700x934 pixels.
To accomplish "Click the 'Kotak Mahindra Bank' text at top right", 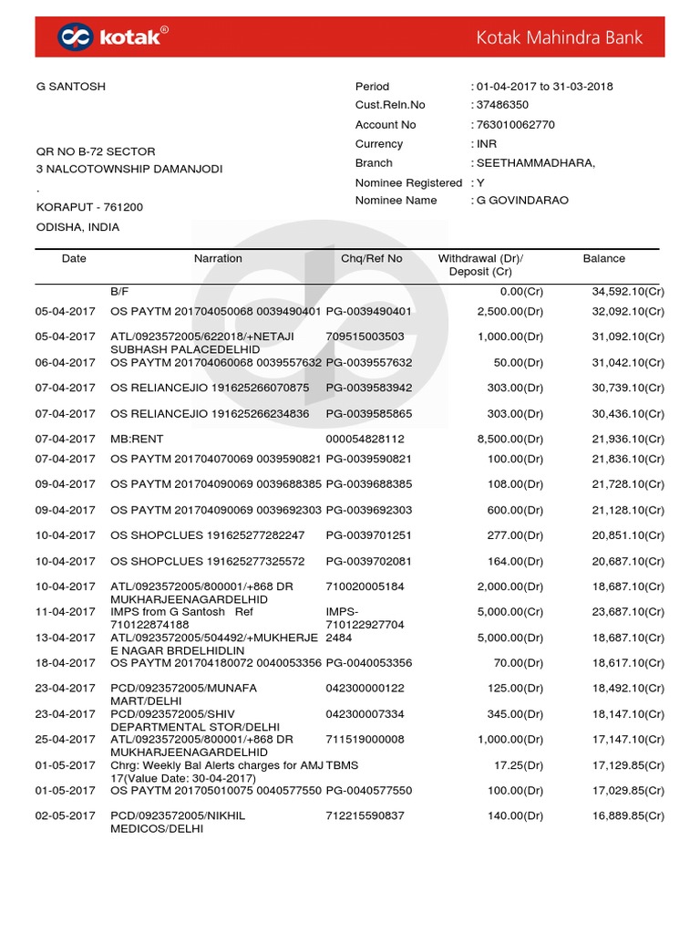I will click(x=559, y=37).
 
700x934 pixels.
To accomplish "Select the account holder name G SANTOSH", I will click(x=70, y=87).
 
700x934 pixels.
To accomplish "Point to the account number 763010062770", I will click(x=512, y=125).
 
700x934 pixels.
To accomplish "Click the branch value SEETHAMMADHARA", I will click(x=535, y=163).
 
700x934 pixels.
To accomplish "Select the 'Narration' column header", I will click(x=218, y=259).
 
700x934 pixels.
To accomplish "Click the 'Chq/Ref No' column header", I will click(x=371, y=259).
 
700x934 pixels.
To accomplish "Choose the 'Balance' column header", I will click(x=603, y=259).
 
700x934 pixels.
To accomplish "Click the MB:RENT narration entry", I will click(x=137, y=440).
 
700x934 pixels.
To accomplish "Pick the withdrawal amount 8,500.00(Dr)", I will click(x=510, y=440).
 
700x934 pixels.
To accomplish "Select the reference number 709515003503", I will click(x=365, y=337).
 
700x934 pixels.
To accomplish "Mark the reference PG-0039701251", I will click(x=369, y=535).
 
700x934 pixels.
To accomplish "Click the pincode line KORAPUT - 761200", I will click(x=89, y=207).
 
